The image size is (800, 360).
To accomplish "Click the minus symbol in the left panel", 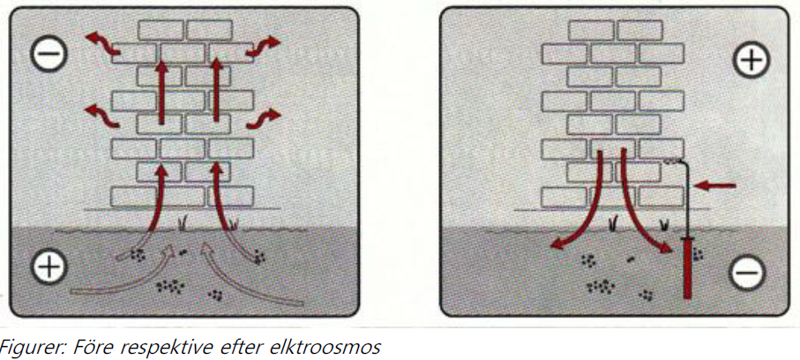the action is [49, 54].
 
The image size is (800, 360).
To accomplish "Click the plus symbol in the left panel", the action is [49, 266].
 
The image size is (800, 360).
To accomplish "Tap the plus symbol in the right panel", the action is [751, 59].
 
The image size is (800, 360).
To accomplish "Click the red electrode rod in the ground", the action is [688, 268].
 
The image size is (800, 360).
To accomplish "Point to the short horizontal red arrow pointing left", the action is [715, 185].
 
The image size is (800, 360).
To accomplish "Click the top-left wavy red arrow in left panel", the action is [102, 43].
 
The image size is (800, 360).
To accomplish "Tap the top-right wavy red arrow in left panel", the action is [263, 46].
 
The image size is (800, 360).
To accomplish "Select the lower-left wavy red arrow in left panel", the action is [102, 116].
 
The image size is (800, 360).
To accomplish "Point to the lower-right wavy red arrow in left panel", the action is [263, 118].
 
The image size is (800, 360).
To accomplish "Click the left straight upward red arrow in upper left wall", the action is [161, 92].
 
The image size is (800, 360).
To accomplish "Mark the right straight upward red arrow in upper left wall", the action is [216, 90].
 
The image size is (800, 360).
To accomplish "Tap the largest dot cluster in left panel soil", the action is [170, 287].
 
